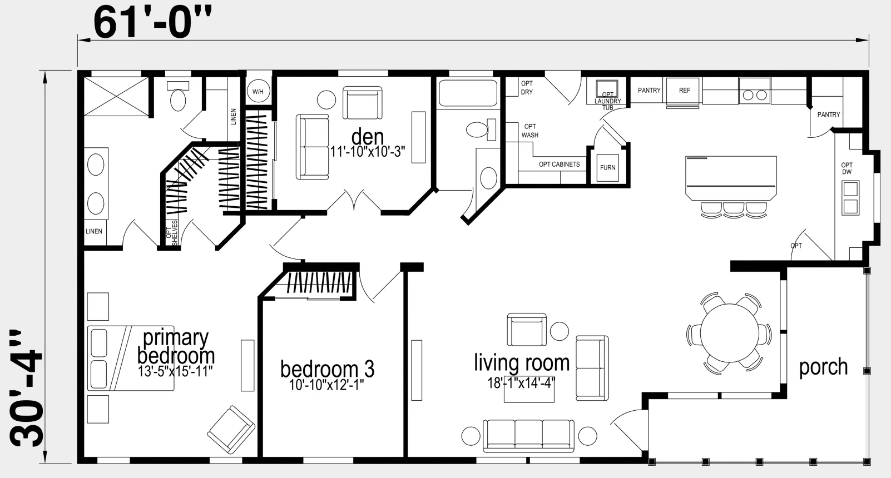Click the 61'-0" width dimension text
click(x=152, y=23)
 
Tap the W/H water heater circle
click(x=258, y=92)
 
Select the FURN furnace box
click(x=608, y=167)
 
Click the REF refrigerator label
click(x=685, y=91)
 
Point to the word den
click(x=368, y=137)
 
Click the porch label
click(x=823, y=367)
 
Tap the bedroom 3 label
click(x=328, y=369)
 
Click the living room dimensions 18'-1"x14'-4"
click(x=522, y=383)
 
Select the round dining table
click(x=730, y=333)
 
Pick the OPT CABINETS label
click(x=560, y=164)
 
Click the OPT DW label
click(x=847, y=168)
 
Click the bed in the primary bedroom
click(x=131, y=358)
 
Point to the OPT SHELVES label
click(x=172, y=232)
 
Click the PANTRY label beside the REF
click(x=649, y=90)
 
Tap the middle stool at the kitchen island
click(x=734, y=210)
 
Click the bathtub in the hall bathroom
click(x=468, y=93)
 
